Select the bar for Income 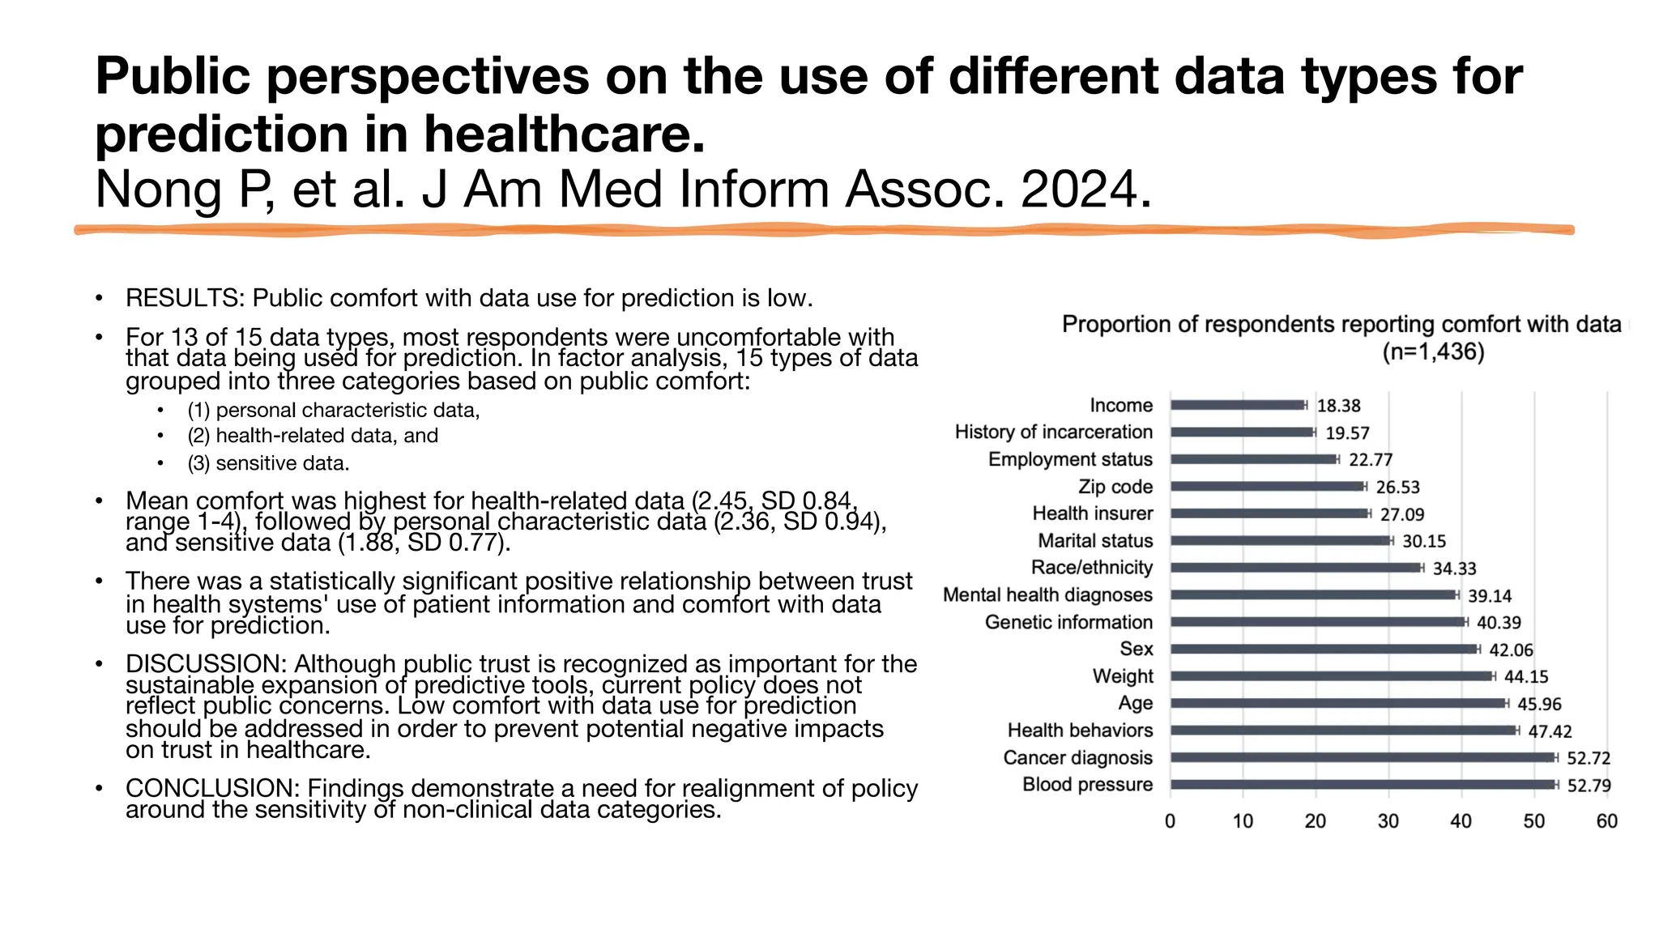pyautogui.click(x=1237, y=405)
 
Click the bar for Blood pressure pyautogui.click(x=1363, y=784)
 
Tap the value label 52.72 pyautogui.click(x=1588, y=758)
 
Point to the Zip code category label pyautogui.click(x=1115, y=487)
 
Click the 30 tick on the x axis pyautogui.click(x=1388, y=821)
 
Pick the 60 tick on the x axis pyautogui.click(x=1606, y=821)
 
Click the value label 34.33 pyautogui.click(x=1454, y=569)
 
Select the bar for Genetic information pyautogui.click(x=1317, y=622)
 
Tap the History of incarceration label pyautogui.click(x=1053, y=432)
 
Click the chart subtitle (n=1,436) pyautogui.click(x=1433, y=352)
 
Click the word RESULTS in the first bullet pyautogui.click(x=183, y=298)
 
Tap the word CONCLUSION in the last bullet pyautogui.click(x=212, y=788)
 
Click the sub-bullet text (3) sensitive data pyautogui.click(x=268, y=463)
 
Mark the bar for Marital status pyautogui.click(x=1280, y=540)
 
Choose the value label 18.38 pyautogui.click(x=1338, y=406)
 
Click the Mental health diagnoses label pyautogui.click(x=1047, y=595)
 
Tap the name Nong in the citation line pyautogui.click(x=158, y=190)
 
